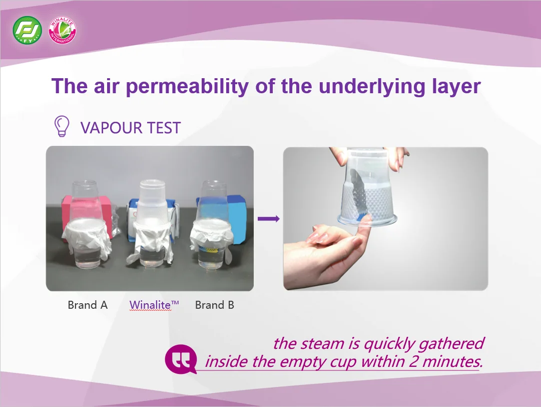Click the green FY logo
pyautogui.click(x=27, y=31)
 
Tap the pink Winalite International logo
pyautogui.click(x=62, y=31)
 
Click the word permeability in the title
pyautogui.click(x=187, y=86)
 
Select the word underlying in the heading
pyautogui.click(x=371, y=86)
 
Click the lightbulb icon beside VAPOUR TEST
pyautogui.click(x=62, y=126)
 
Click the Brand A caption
pyautogui.click(x=88, y=305)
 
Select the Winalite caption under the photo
pyautogui.click(x=154, y=305)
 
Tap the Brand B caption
pyautogui.click(x=215, y=305)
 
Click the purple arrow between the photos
pyautogui.click(x=268, y=219)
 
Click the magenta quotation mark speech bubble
pyautogui.click(x=181, y=359)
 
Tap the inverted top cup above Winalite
pyautogui.click(x=152, y=200)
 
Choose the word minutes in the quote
pyautogui.click(x=452, y=362)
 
